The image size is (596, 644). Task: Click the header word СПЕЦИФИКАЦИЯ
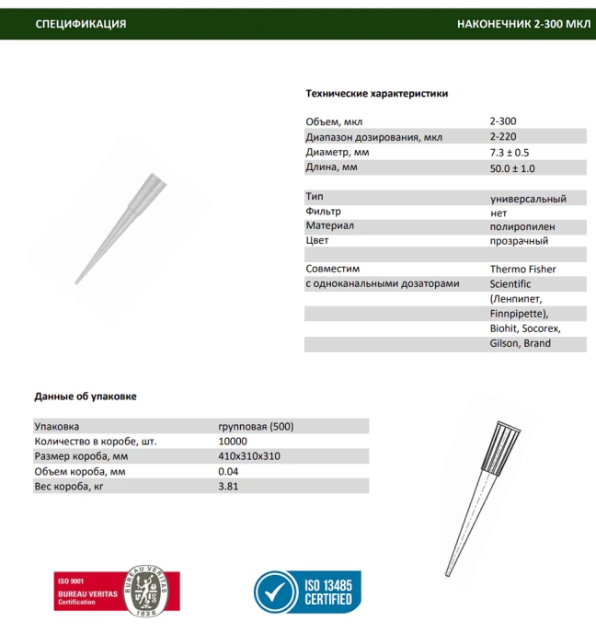point(81,24)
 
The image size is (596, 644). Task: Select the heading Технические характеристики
point(376,94)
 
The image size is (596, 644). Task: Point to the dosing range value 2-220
point(503,137)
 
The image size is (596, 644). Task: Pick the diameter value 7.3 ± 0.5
point(510,153)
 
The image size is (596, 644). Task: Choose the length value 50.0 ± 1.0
point(512,168)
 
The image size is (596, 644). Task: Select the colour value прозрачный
point(519,241)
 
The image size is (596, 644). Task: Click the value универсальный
point(528,198)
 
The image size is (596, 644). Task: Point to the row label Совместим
point(331,270)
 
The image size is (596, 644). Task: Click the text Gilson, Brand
point(521,343)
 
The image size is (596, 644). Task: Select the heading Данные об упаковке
point(86,397)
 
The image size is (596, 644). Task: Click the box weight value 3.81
point(228,487)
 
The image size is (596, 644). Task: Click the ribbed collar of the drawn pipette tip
point(501,446)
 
